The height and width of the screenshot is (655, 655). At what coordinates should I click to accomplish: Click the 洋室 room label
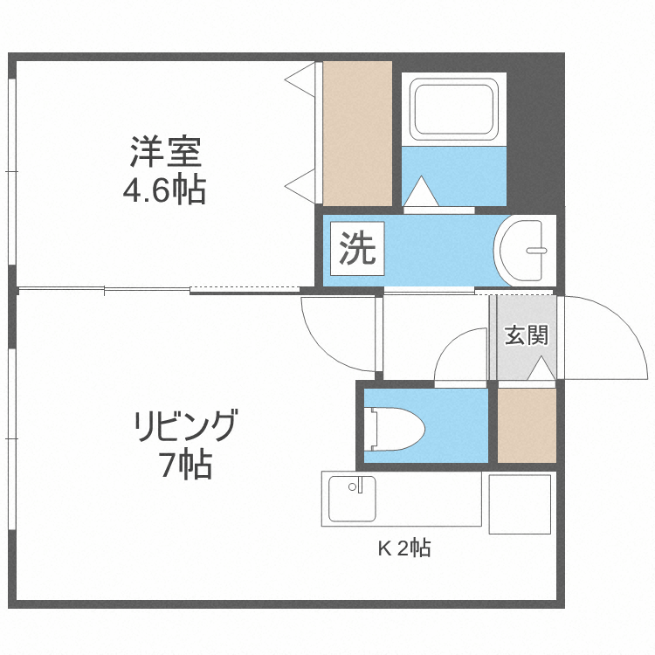166,152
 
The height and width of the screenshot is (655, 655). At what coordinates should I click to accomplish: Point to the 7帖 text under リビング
185,465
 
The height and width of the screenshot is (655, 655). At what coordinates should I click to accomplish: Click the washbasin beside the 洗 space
523,250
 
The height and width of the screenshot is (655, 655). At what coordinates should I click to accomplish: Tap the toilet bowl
397,429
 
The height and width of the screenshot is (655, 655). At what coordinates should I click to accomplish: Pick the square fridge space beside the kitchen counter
519,503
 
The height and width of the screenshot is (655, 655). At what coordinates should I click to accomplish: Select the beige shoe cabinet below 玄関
527,425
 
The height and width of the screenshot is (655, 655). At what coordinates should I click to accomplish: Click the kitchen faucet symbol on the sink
355,486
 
